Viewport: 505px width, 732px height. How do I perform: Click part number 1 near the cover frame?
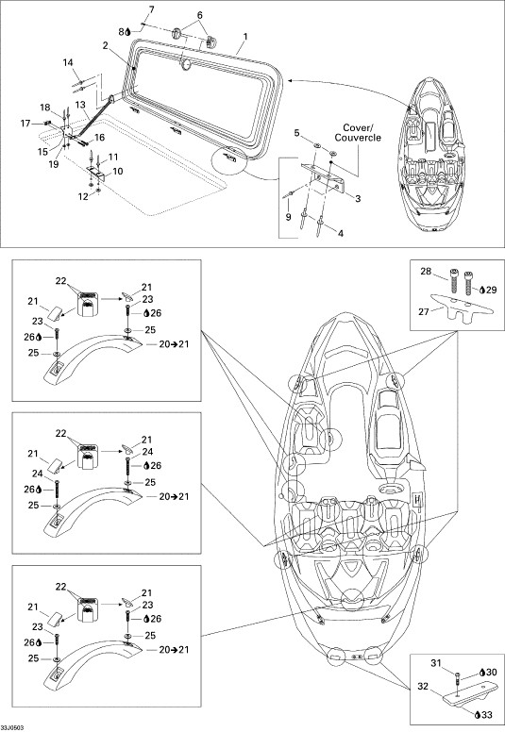245,37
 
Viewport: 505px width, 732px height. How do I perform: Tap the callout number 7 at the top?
151,9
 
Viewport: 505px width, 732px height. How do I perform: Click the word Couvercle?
358,138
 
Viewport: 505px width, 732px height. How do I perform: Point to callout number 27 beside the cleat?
424,311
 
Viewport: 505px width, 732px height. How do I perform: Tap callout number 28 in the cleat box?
426,272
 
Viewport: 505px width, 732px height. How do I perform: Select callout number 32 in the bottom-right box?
423,687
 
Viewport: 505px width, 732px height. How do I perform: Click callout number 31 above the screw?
436,663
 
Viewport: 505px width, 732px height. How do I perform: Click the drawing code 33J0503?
12,728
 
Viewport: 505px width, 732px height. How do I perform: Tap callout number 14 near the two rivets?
68,62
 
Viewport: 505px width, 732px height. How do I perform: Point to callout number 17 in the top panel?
25,124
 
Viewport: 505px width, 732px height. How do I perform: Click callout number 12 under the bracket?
83,196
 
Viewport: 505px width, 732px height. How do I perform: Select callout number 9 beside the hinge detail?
288,217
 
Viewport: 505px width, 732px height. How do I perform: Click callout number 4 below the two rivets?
341,233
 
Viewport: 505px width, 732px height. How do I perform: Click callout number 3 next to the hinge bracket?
358,198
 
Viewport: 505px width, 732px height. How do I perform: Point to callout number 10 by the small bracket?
118,172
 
